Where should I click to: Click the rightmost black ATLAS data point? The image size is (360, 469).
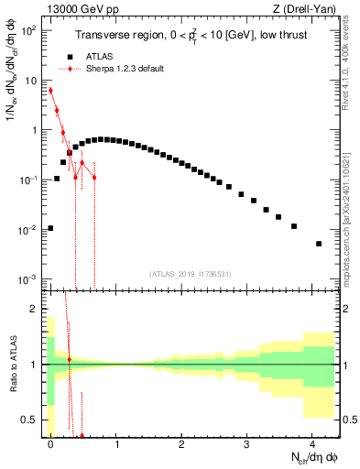pos(319,244)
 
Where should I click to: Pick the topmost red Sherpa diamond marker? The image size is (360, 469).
pos(51,90)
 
